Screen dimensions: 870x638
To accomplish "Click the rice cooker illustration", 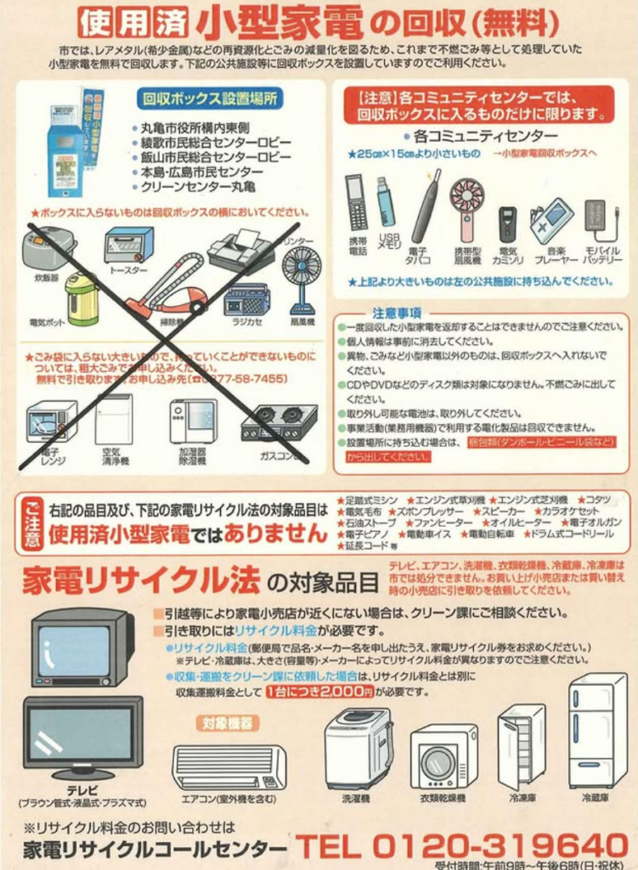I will coord(48,247).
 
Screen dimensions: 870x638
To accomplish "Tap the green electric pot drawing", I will coord(82,297).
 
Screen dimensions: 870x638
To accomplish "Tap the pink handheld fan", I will coord(466,207).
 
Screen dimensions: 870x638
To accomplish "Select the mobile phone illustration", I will coord(355,201).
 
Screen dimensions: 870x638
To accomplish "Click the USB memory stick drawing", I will coord(386,202).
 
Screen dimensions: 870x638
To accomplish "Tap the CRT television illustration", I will coord(82,647).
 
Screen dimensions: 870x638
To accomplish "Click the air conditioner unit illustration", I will coord(229,766).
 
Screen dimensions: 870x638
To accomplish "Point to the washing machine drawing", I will coord(359,747).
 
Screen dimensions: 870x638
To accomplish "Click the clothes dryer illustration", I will coord(443,755).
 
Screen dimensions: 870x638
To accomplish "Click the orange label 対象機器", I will coord(228,723).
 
